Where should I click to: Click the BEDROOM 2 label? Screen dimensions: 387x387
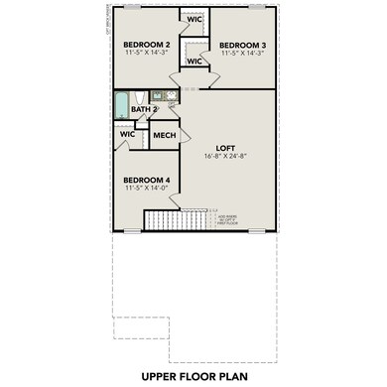click(146, 46)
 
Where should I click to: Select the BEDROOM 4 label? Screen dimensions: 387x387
click(146, 180)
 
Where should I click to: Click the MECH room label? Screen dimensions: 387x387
click(164, 135)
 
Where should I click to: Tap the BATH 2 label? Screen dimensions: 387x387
click(145, 110)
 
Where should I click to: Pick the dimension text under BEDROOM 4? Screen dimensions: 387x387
click(146, 189)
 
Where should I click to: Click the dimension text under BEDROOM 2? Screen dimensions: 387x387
click(146, 55)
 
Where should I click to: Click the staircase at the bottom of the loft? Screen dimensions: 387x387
click(162, 218)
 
